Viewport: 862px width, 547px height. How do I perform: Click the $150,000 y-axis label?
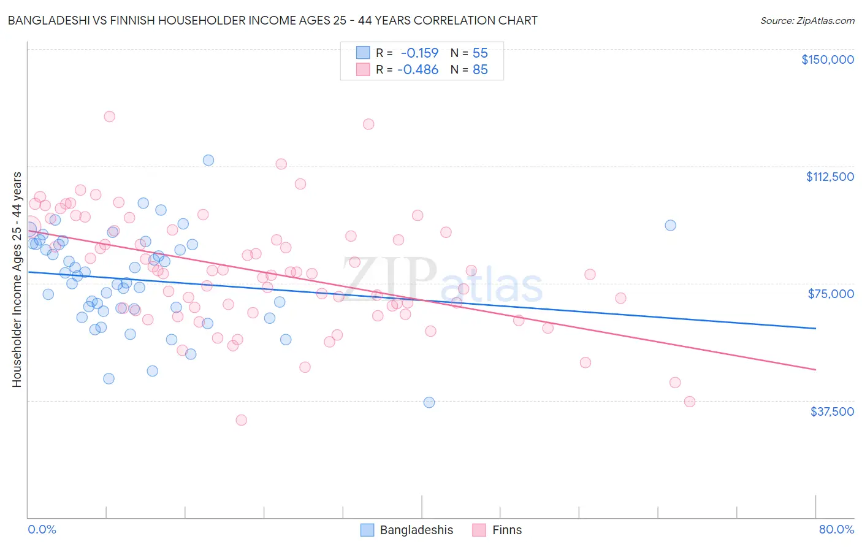tap(827, 59)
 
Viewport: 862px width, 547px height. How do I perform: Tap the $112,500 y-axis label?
tap(830, 177)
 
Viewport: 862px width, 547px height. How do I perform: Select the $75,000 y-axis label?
tap(831, 294)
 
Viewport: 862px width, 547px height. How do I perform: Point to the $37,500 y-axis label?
tap(832, 411)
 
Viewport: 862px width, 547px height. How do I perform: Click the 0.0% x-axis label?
tap(42, 529)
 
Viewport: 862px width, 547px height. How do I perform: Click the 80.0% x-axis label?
tap(836, 529)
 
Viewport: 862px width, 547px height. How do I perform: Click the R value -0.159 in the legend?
tap(419, 53)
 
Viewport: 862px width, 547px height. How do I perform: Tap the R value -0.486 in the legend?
tap(418, 69)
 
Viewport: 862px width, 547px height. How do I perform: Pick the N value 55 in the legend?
tap(480, 53)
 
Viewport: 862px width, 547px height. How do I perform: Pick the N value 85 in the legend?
tap(480, 69)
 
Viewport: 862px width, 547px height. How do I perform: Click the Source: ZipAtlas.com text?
tap(807, 20)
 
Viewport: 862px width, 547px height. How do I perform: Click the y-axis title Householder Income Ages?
tap(17, 280)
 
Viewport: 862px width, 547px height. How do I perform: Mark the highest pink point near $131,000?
tap(110, 117)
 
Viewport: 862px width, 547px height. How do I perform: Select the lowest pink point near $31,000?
tap(242, 420)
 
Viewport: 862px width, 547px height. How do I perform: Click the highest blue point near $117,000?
tap(208, 160)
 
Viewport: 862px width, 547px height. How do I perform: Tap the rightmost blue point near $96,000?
tap(671, 225)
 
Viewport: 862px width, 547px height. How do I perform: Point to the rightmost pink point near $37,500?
tap(690, 402)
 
